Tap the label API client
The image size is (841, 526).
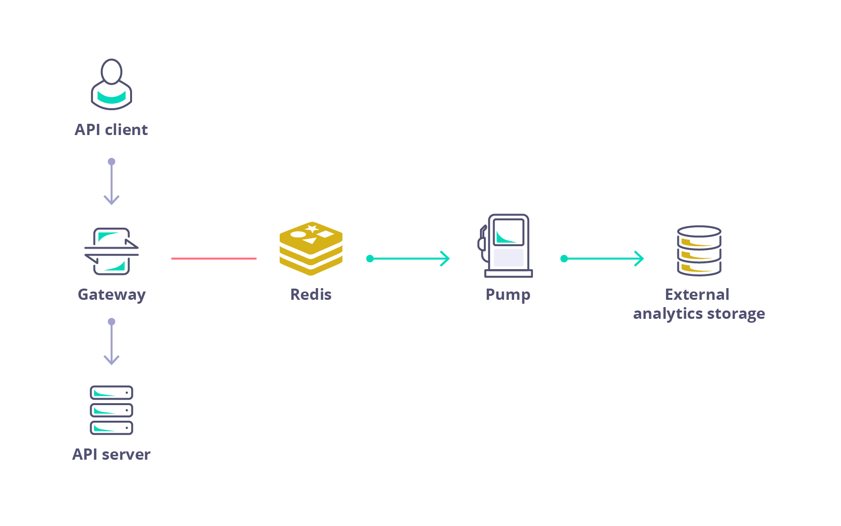[111, 130]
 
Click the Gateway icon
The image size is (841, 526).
[112, 251]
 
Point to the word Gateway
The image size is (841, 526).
[112, 294]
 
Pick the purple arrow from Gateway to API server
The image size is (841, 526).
[112, 342]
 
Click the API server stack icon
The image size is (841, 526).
[112, 410]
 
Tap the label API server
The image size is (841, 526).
[111, 454]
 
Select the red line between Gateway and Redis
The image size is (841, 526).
[213, 258]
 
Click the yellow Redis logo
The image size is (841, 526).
[311, 248]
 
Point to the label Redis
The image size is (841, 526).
[311, 294]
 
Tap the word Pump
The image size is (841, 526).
[508, 294]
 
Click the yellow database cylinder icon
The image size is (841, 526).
[699, 251]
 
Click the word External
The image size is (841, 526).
[697, 294]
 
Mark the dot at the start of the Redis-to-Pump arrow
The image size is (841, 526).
[370, 258]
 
